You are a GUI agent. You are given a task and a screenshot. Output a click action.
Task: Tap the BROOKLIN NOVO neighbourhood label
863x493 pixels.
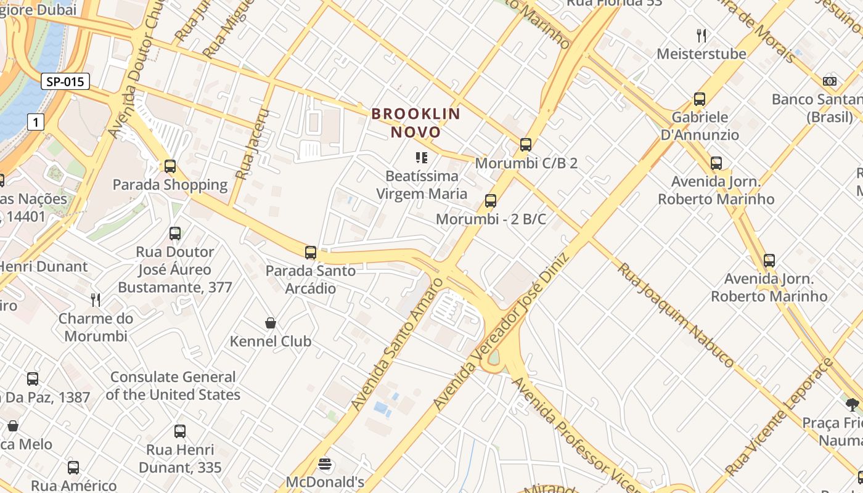(416, 123)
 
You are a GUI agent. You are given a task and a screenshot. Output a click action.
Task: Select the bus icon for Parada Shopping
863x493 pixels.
(170, 166)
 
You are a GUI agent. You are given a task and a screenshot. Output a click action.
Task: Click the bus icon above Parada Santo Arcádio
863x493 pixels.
(311, 252)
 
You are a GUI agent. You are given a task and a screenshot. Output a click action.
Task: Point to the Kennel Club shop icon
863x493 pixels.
(270, 323)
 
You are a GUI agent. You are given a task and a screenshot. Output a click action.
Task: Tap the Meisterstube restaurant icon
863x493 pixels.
(701, 35)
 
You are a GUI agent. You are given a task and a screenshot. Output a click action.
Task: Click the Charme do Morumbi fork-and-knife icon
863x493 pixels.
(96, 300)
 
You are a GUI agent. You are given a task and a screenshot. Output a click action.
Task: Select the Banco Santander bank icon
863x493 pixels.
(830, 81)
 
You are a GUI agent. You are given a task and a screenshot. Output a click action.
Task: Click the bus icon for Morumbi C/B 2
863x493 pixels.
(525, 145)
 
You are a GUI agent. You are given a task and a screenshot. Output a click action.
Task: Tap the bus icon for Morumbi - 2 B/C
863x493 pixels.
(491, 201)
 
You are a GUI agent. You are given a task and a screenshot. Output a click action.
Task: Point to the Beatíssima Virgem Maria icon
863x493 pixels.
(422, 158)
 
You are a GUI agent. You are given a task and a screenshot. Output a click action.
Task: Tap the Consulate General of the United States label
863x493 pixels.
(173, 386)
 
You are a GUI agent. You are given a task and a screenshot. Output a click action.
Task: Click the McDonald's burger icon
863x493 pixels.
(325, 464)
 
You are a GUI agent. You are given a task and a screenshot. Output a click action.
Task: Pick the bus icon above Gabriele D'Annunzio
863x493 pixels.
(700, 99)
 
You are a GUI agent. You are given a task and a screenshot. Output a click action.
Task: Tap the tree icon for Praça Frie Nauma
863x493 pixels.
(853, 405)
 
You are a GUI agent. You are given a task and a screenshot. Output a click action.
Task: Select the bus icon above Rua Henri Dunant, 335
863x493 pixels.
(179, 431)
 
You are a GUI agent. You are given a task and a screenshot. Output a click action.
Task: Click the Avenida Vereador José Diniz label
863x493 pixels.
(503, 332)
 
